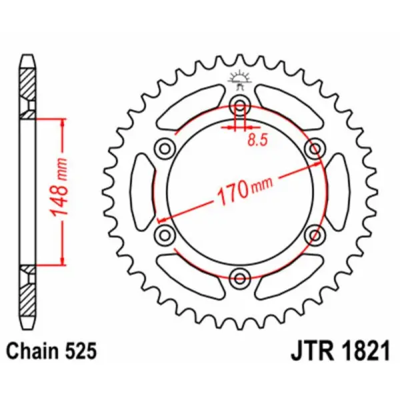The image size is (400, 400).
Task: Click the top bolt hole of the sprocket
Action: click(239, 104)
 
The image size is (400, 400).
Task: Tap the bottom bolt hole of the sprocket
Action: click(239, 275)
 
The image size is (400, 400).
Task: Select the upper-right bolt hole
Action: click(313, 147)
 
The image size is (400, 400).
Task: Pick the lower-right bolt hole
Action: click(313, 233)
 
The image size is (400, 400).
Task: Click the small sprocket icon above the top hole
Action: click(239, 79)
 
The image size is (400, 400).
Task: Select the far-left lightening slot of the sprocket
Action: click(143, 190)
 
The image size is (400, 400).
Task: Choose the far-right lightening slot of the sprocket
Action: click(335, 190)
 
